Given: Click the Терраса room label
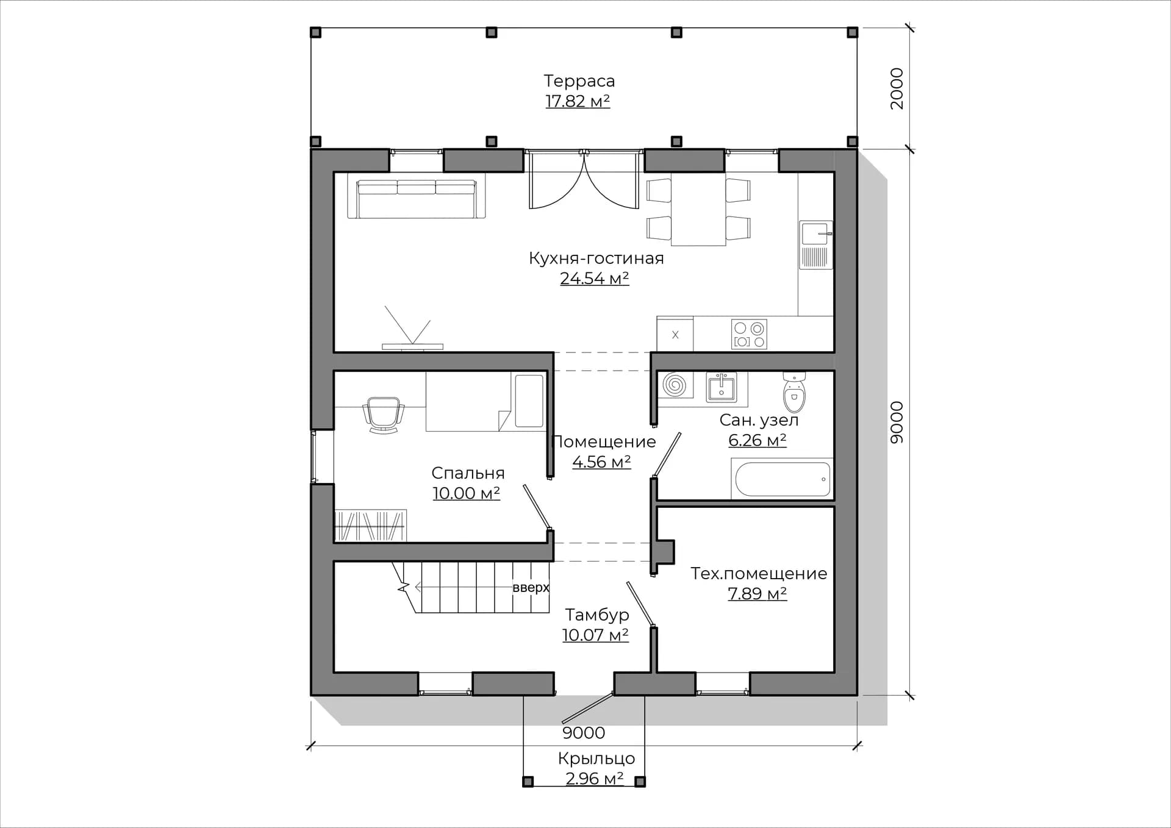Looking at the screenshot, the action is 579,81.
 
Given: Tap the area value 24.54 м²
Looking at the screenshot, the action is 594,279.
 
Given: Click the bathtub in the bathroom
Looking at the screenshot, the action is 782,479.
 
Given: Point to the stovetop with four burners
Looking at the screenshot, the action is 750,334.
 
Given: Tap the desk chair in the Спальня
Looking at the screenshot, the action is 384,415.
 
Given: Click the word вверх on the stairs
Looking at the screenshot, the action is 531,588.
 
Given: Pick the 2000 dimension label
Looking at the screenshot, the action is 897,88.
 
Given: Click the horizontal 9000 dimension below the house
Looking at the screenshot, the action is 584,733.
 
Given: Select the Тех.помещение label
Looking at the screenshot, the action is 759,574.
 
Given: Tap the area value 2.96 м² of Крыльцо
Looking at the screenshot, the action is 594,779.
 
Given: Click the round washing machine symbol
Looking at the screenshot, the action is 675,385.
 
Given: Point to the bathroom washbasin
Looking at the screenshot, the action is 722,387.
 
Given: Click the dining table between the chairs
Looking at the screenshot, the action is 698,209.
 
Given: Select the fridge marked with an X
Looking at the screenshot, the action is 675,334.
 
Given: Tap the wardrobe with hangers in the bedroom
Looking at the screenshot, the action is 371,526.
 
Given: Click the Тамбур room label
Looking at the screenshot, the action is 596,615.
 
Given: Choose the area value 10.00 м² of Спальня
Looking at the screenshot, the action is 467,493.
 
